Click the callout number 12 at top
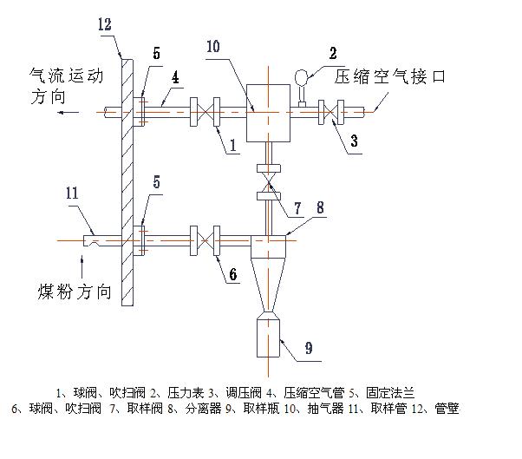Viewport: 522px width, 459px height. pos(105,25)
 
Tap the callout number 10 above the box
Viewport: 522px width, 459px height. pos(212,46)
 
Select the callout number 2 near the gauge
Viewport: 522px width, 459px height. pos(333,53)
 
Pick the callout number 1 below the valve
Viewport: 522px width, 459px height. pos(232,148)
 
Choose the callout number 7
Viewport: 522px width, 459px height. pos(297,208)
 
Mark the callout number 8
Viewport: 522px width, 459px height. pos(320,207)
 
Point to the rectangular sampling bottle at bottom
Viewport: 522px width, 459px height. pos(269,336)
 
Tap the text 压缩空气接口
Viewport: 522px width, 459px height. pos(389,77)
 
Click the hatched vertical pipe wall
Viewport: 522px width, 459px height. pos(127,182)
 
